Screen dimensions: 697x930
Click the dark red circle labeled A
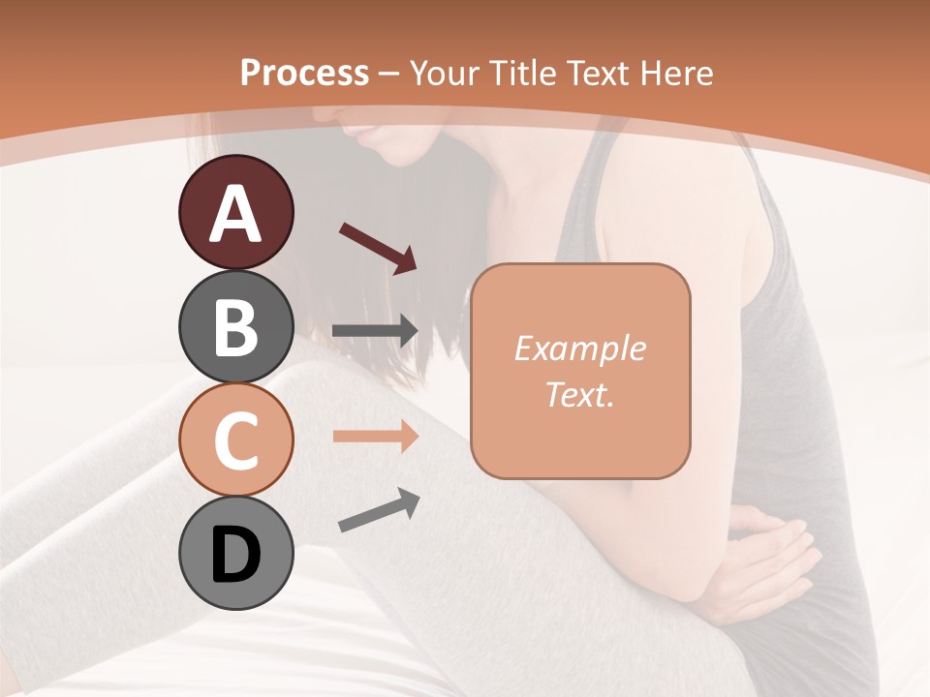pyautogui.click(x=235, y=213)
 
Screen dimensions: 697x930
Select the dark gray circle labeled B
pyautogui.click(x=235, y=327)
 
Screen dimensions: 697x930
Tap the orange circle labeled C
pyautogui.click(x=235, y=440)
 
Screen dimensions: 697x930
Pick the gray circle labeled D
pyautogui.click(x=235, y=554)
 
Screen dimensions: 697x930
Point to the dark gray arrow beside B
pyautogui.click(x=375, y=331)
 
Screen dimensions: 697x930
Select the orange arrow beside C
pyautogui.click(x=375, y=437)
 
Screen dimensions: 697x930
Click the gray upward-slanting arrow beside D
pyautogui.click(x=379, y=510)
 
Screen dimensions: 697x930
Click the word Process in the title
pyautogui.click(x=304, y=73)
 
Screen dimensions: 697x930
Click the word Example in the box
pyautogui.click(x=579, y=348)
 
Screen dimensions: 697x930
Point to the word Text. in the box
pyautogui.click(x=579, y=394)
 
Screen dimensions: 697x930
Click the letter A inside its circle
pyautogui.click(x=235, y=214)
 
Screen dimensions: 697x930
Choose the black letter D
pyautogui.click(x=235, y=555)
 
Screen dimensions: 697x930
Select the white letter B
pyautogui.click(x=235, y=328)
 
